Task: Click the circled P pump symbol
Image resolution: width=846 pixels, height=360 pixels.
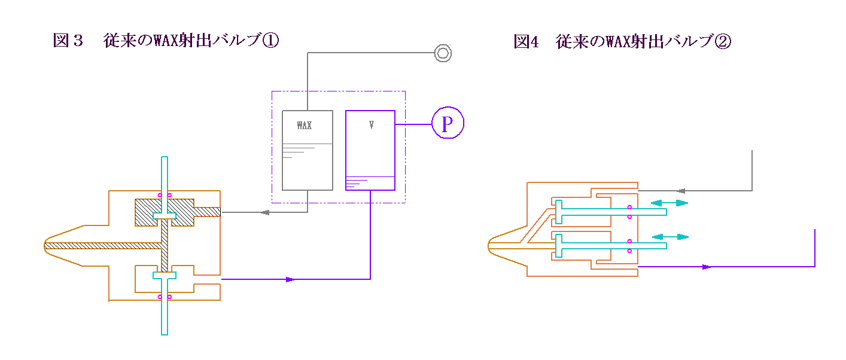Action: coord(447,124)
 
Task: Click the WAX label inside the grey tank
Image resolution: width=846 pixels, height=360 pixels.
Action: coord(305,126)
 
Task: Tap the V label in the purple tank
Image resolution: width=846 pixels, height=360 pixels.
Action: coord(372,125)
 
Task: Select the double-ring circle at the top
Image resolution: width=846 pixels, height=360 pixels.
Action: coord(443,53)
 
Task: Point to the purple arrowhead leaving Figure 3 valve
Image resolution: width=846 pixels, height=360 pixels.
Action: coord(291,279)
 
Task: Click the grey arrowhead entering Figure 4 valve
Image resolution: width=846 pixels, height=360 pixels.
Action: coord(680,191)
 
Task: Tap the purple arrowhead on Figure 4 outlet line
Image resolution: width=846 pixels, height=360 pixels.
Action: coord(707,267)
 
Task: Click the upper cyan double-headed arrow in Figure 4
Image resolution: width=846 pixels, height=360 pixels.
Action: coord(669,203)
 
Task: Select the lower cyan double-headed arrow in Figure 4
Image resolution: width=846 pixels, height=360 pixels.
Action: coord(669,237)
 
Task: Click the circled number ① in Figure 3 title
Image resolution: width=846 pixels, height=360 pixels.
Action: coord(271,41)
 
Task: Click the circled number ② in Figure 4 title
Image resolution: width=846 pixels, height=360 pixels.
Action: coord(723,42)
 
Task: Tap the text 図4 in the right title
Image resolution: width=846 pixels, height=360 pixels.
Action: coord(527,42)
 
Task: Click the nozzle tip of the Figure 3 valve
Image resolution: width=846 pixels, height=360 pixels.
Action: coord(45,245)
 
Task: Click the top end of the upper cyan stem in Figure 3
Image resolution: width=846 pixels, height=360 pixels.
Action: coord(165,158)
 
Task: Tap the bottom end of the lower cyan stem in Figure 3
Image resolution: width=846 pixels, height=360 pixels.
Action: coord(165,332)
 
